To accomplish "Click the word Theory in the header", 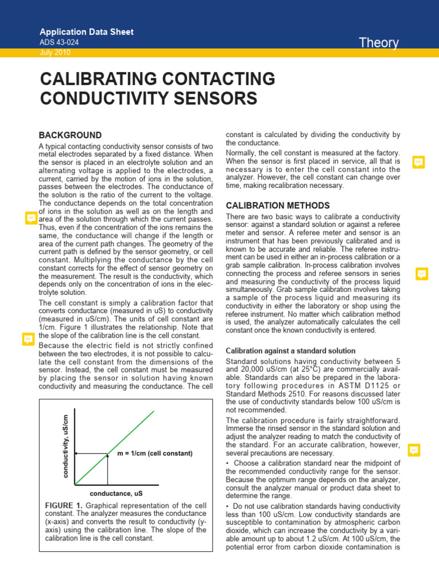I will pyautogui.click(x=378, y=43).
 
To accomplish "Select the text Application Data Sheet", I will pyautogui.click(x=86, y=32).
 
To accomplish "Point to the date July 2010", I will pyautogui.click(x=55, y=53).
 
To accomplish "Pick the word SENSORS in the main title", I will pyautogui.click(x=213, y=98).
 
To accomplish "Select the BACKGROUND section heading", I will pyautogui.click(x=70, y=135).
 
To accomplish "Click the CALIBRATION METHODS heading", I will pyautogui.click(x=278, y=205).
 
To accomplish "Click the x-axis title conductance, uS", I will pyautogui.click(x=116, y=492).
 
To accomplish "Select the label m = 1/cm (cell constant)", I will pyautogui.click(x=155, y=453).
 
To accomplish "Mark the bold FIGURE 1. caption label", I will pyautogui.click(x=63, y=506).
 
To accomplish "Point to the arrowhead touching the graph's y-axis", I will pyautogui.click(x=78, y=453).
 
